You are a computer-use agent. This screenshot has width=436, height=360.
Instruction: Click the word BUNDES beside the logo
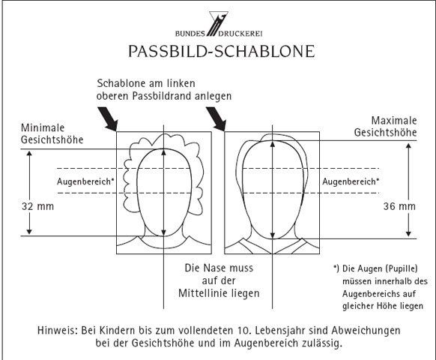click(x=190, y=34)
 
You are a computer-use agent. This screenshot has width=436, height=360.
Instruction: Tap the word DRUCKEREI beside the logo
click(x=240, y=34)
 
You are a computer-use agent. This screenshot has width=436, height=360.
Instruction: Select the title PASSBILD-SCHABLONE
click(x=221, y=51)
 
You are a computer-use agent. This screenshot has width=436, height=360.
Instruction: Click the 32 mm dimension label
click(x=37, y=206)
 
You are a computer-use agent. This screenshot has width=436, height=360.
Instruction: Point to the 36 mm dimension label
click(x=399, y=206)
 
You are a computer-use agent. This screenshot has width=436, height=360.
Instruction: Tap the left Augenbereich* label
click(x=85, y=181)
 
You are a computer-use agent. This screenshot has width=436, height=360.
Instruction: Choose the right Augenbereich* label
click(x=351, y=181)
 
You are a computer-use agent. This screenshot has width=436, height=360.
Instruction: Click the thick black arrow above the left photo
click(x=108, y=119)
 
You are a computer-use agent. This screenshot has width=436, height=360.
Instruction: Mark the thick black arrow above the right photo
click(x=216, y=119)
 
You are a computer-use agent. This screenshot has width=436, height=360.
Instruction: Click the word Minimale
click(x=43, y=127)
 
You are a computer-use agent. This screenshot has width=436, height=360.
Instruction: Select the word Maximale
click(x=394, y=121)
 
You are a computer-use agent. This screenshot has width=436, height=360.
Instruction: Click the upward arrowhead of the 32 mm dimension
click(x=29, y=154)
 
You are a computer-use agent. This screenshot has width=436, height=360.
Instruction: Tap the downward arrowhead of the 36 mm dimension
click(x=408, y=233)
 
